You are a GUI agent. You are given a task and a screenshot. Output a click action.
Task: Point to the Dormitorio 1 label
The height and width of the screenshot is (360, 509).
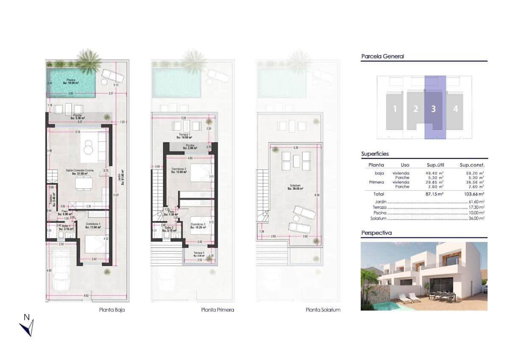click(x=93, y=225)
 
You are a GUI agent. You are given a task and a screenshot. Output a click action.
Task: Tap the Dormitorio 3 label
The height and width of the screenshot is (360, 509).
click(x=198, y=225)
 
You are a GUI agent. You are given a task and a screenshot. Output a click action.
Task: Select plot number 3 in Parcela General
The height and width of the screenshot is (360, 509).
click(x=433, y=109)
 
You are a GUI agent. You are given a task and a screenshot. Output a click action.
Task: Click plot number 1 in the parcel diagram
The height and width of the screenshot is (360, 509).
click(x=395, y=109)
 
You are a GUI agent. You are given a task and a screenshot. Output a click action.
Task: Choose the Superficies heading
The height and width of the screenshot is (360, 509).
click(x=375, y=154)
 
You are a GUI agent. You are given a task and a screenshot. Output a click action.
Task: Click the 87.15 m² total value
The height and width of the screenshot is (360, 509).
click(x=434, y=194)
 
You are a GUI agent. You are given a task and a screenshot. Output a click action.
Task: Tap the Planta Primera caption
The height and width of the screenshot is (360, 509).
click(x=218, y=310)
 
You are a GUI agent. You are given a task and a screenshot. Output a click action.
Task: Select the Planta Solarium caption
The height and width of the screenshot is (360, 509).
click(x=323, y=310)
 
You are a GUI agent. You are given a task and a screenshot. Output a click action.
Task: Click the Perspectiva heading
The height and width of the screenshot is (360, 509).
click(x=376, y=233)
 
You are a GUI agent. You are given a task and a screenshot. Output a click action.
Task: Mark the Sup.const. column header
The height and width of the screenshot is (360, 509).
click(x=472, y=165)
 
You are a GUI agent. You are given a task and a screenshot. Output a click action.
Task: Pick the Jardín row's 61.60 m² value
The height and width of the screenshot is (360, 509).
click(x=477, y=202)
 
